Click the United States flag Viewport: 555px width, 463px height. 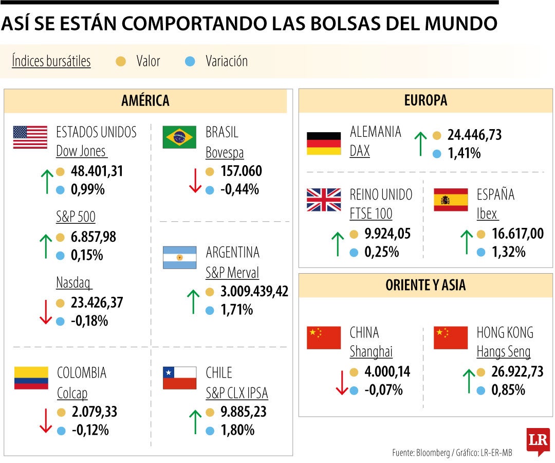click(x=30, y=137)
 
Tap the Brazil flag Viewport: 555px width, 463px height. click(x=179, y=137)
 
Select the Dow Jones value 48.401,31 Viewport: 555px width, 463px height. click(x=97, y=171)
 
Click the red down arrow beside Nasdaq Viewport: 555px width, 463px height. click(x=46, y=312)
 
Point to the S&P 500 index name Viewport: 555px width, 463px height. click(x=76, y=217)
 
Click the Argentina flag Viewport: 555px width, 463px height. click(x=179, y=257)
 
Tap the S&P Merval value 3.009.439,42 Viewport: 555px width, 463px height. click(x=254, y=292)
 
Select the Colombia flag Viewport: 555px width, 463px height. click(x=31, y=378)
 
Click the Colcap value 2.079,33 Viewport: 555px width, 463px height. click(x=94, y=412)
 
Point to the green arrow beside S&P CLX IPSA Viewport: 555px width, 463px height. click(x=195, y=421)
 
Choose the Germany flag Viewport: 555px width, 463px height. click(x=324, y=144)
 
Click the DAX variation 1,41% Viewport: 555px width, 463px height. click(x=464, y=153)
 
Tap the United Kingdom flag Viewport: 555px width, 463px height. click(x=324, y=200)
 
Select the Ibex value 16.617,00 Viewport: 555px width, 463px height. click(x=517, y=234)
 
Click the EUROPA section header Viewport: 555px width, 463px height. click(x=425, y=101)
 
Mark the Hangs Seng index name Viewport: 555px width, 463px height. click(x=503, y=352)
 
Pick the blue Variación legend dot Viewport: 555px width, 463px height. click(x=190, y=62)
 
